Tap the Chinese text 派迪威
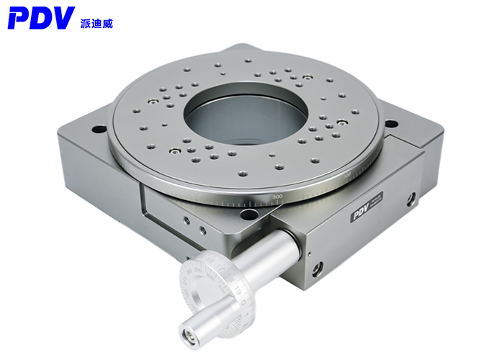point(96,24)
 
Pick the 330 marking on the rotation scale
point(348,175)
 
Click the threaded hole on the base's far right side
point(411,199)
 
